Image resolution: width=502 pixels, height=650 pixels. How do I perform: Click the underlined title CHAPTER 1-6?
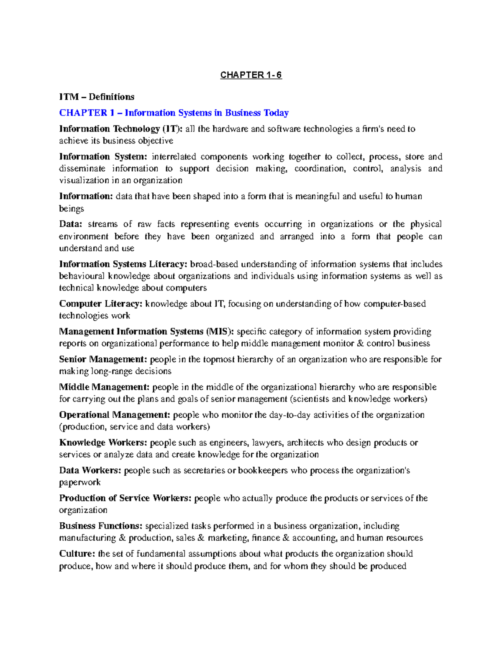click(x=251, y=75)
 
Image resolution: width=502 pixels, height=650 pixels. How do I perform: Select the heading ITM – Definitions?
click(x=97, y=97)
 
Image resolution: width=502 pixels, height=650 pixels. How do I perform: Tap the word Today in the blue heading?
click(x=276, y=113)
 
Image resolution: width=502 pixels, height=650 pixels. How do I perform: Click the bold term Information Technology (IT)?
click(x=121, y=129)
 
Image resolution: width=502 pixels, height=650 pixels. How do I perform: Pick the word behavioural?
click(x=82, y=276)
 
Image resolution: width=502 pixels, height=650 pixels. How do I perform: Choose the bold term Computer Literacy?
click(x=101, y=304)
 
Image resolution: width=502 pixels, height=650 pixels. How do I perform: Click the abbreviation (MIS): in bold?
click(x=220, y=331)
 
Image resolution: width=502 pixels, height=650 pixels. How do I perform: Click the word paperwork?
click(x=80, y=483)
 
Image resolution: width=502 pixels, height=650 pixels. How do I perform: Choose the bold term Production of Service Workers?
click(x=125, y=498)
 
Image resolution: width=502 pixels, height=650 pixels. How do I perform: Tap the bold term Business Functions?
click(x=101, y=526)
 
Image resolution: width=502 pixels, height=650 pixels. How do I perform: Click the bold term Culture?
click(x=77, y=554)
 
